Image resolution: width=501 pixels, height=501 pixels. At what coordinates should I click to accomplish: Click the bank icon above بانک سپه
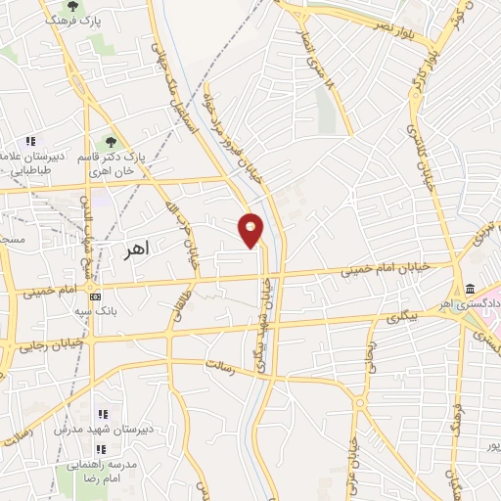point(95,296)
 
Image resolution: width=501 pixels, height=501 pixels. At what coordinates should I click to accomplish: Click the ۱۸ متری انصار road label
point(328,87)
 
